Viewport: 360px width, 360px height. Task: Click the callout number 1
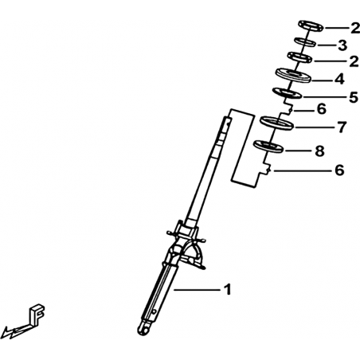pos(227,289)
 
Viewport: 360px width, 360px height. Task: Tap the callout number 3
pos(342,45)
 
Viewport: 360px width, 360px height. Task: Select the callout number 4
pos(339,79)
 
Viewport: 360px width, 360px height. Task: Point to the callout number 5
pos(354,97)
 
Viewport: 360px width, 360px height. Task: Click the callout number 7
pos(342,127)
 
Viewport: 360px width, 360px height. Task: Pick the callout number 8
pos(319,151)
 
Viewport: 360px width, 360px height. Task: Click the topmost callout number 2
pos(355,28)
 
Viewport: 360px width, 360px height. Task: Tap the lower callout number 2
pos(354,61)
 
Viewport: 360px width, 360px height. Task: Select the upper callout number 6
pos(322,109)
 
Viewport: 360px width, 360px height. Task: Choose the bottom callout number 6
pos(339,170)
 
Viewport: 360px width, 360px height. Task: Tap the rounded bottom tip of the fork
pos(143,330)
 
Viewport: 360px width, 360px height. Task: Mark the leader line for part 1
pos(197,290)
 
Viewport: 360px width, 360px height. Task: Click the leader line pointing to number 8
pos(298,151)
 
